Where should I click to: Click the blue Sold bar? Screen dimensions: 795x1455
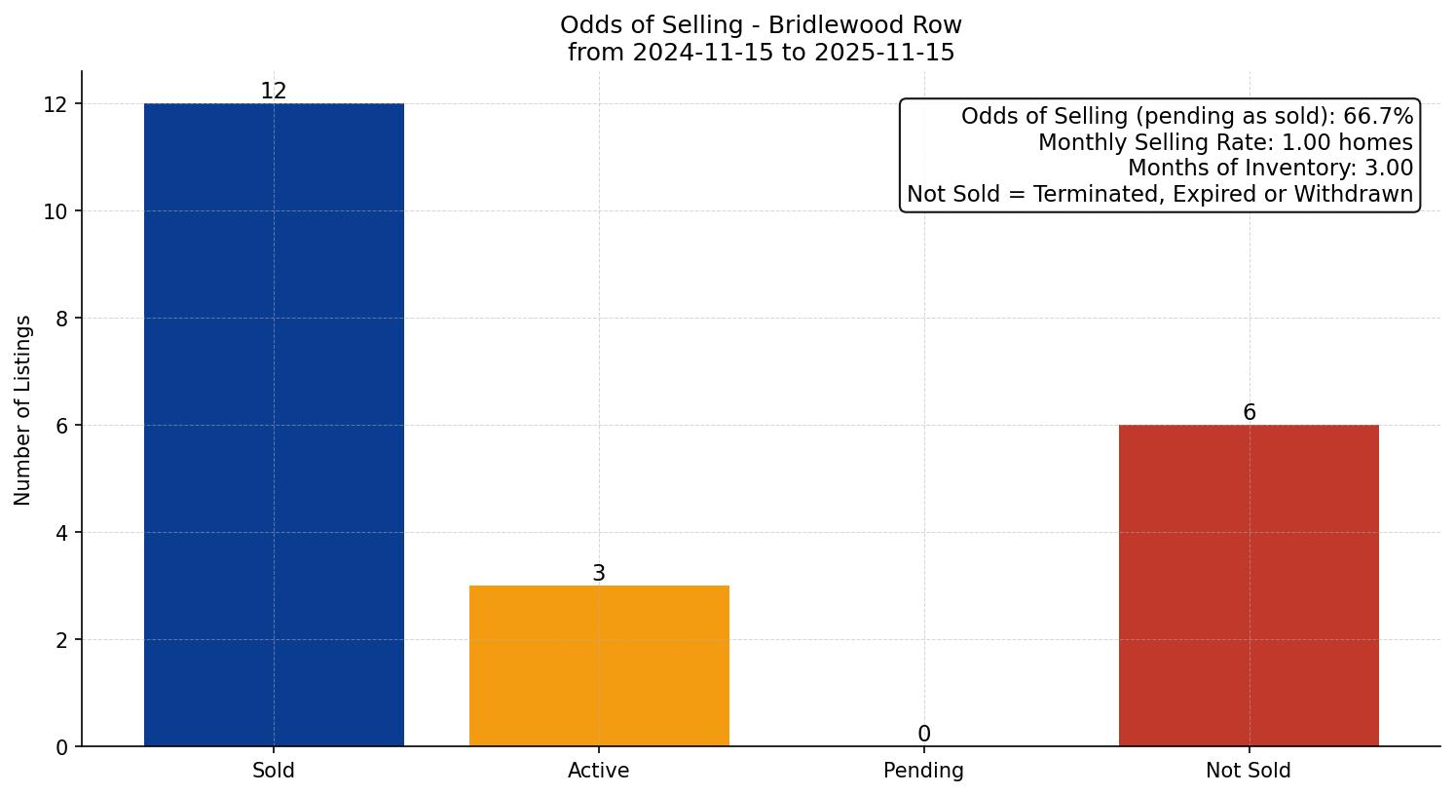coord(274,425)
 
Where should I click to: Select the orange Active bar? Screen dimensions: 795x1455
coord(599,666)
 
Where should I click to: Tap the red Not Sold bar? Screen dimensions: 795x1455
coord(1249,586)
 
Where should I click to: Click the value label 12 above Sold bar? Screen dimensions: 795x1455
coord(274,92)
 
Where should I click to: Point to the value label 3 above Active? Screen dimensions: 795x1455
coord(599,574)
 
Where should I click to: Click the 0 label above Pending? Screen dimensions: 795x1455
coord(923,735)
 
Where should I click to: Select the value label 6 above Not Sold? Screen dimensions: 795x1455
coord(1249,413)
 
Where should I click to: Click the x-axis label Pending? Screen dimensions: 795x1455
coord(923,771)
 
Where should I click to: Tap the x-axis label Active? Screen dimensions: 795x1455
coord(599,771)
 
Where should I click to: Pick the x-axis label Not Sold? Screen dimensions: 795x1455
coord(1249,771)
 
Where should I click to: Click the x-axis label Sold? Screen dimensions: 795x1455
coord(274,771)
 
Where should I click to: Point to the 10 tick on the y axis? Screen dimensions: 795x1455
coord(56,211)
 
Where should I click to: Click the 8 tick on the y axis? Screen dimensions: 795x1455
coord(61,319)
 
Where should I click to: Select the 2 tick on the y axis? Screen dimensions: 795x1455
coord(61,640)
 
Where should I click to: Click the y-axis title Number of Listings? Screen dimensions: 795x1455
coord(23,409)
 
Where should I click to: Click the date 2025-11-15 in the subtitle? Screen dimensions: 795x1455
coord(884,53)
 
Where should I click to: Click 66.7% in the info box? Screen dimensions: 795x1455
coord(1377,117)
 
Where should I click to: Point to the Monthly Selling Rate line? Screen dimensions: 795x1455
coord(1224,142)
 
